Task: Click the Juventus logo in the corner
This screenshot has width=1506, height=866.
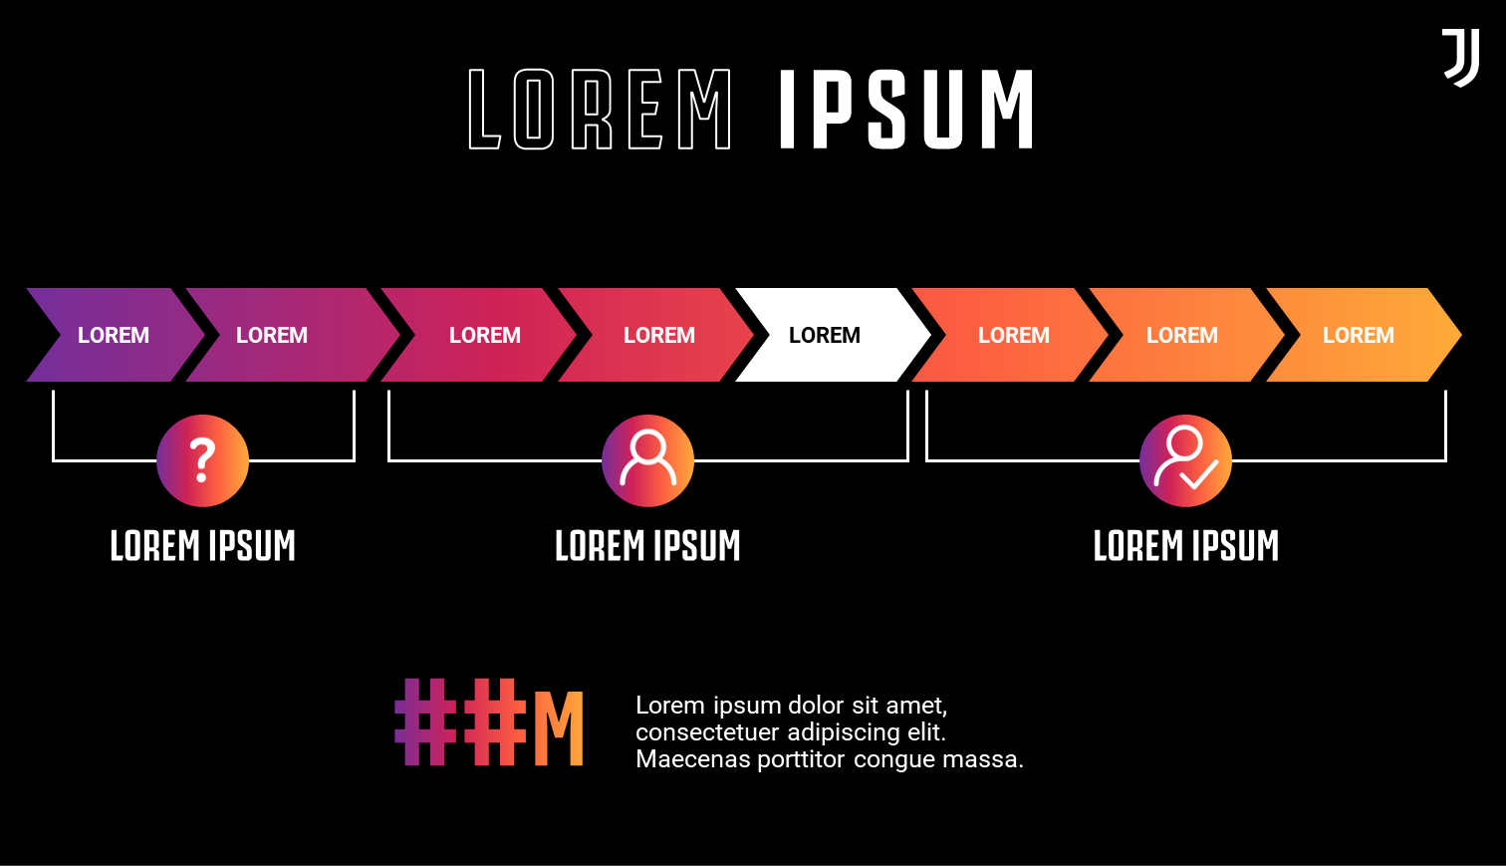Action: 1461,58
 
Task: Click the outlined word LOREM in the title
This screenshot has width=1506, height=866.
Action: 600,109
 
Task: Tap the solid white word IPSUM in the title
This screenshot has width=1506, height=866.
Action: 905,109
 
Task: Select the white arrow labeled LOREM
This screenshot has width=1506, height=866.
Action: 833,335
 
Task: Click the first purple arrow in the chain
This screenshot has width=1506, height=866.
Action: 115,335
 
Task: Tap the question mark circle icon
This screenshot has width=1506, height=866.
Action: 202,460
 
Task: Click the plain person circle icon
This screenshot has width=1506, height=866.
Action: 647,460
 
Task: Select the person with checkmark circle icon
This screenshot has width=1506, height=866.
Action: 1185,460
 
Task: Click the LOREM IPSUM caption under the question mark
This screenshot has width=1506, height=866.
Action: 202,545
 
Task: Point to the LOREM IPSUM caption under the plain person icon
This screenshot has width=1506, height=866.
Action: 647,545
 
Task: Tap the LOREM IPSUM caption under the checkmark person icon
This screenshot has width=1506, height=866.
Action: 1185,545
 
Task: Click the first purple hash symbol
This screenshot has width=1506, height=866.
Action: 424,722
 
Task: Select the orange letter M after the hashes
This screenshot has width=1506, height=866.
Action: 559,728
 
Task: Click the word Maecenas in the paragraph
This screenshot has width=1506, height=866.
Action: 693,759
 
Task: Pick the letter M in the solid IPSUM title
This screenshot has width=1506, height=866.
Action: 1007,109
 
